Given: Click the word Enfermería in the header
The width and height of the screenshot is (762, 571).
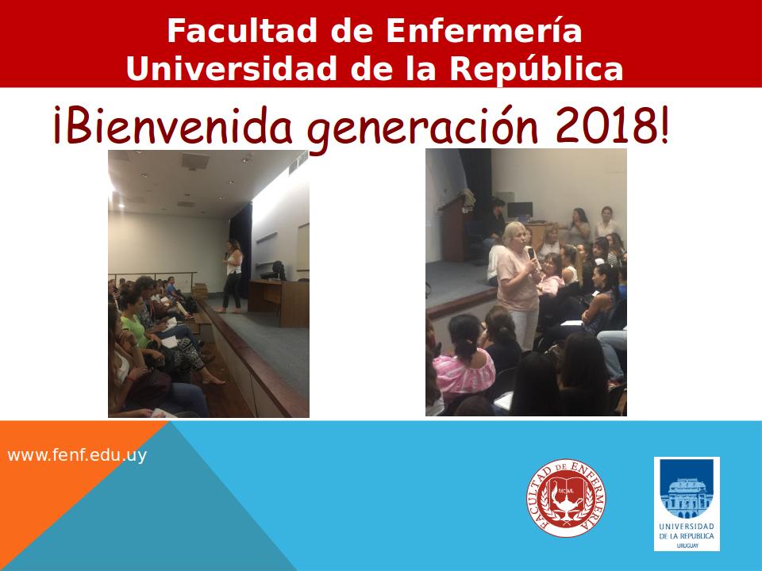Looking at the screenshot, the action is pyautogui.click(x=484, y=30).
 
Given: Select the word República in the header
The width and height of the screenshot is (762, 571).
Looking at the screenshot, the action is pyautogui.click(x=536, y=68).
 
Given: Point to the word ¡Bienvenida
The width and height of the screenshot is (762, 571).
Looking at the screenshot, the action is pyautogui.click(x=173, y=125).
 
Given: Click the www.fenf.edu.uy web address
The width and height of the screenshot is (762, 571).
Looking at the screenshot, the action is pyautogui.click(x=77, y=455).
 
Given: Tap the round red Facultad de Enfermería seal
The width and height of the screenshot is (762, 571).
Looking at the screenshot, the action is pyautogui.click(x=566, y=498).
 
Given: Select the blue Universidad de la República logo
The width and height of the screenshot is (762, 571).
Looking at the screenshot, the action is pyautogui.click(x=687, y=504).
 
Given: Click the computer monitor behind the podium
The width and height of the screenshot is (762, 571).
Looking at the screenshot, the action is pyautogui.click(x=519, y=210).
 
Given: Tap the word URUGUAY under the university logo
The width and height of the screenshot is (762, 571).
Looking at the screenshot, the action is pyautogui.click(x=687, y=546).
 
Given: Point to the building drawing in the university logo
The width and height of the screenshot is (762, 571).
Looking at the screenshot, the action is pyautogui.click(x=686, y=498).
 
